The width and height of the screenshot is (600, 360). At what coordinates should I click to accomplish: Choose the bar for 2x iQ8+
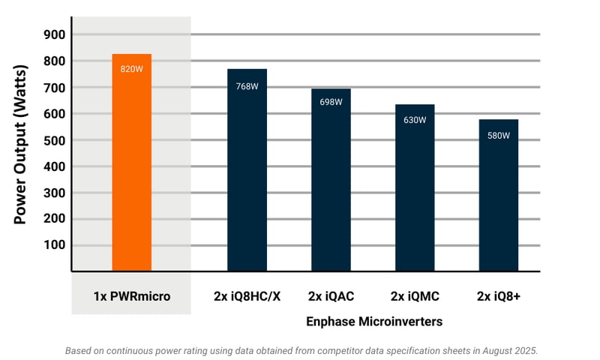(499, 202)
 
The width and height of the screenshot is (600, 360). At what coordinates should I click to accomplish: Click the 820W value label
(131, 69)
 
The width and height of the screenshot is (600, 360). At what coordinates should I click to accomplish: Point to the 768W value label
(247, 86)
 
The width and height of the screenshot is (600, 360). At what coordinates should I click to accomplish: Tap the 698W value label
(331, 102)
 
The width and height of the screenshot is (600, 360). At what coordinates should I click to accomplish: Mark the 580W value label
(499, 136)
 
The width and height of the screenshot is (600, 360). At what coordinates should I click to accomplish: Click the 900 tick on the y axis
(54, 34)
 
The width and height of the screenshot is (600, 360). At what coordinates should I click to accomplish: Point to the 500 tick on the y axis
(54, 140)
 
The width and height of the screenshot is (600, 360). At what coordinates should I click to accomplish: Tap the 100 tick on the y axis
(54, 245)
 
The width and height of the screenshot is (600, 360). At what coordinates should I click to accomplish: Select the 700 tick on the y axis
(54, 88)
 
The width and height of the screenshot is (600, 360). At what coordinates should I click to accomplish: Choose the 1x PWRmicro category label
(132, 296)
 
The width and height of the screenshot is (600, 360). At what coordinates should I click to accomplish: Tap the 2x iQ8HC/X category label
(247, 296)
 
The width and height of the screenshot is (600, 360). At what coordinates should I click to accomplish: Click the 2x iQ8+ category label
(499, 296)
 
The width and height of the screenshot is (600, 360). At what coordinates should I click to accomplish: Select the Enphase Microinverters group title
(373, 321)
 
